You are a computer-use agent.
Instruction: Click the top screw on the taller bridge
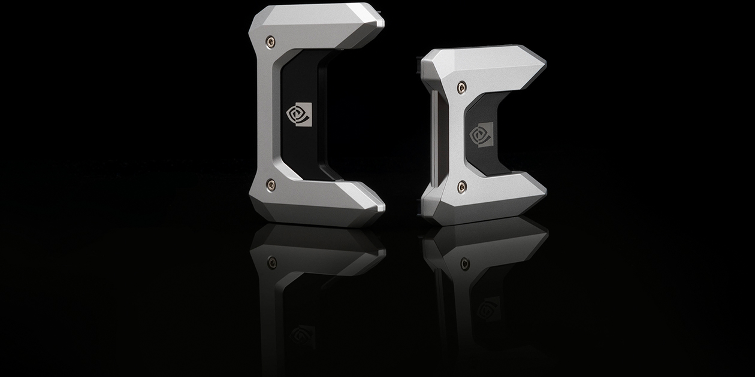pyautogui.click(x=271, y=42)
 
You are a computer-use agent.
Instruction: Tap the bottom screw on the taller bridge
pyautogui.click(x=271, y=184)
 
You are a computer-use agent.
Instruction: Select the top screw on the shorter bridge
pyautogui.click(x=461, y=88)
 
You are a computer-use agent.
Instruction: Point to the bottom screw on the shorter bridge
pyautogui.click(x=461, y=187)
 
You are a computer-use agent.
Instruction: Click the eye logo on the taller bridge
pyautogui.click(x=299, y=114)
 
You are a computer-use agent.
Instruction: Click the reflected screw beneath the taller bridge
pyautogui.click(x=272, y=262)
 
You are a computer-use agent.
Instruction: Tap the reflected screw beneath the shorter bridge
pyautogui.click(x=464, y=263)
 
